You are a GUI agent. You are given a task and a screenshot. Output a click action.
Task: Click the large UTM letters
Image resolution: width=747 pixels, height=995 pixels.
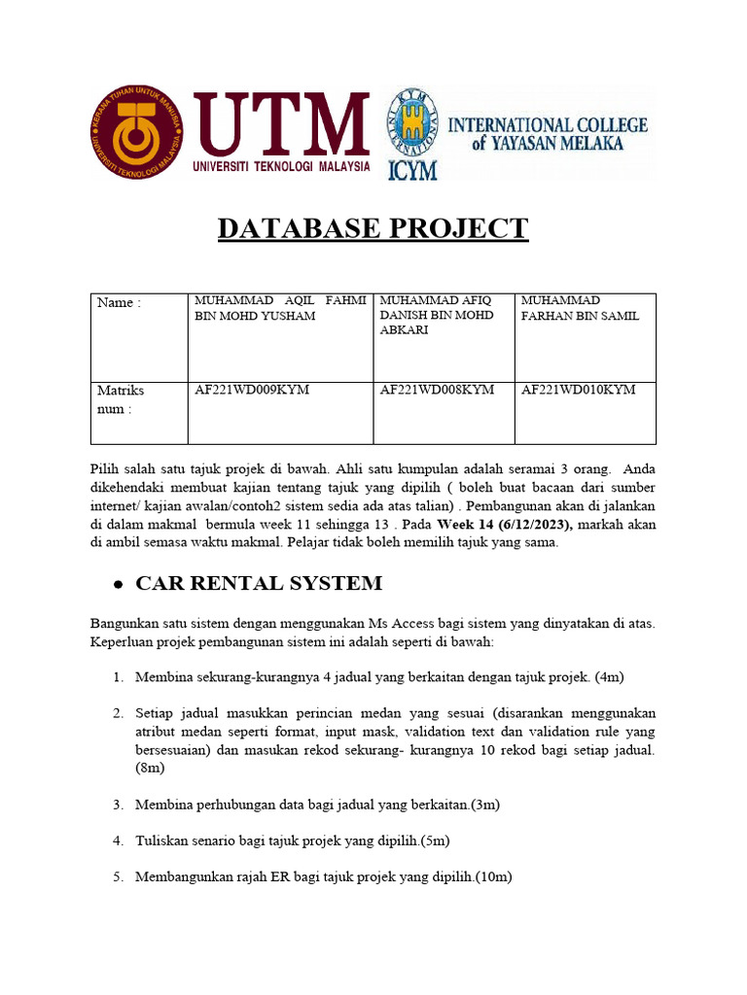tap(282, 123)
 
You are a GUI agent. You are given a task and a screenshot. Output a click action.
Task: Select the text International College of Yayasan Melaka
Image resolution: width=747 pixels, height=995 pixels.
tap(547, 134)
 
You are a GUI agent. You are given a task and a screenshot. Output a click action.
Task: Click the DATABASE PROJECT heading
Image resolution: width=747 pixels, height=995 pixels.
tap(373, 229)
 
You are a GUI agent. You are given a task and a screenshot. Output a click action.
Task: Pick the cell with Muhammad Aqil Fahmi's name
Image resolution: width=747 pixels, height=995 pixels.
tap(279, 309)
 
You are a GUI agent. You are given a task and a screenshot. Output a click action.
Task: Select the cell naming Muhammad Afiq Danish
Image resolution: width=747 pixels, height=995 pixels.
tap(438, 316)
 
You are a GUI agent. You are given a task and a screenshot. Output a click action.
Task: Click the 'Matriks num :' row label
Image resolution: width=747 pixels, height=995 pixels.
tap(121, 399)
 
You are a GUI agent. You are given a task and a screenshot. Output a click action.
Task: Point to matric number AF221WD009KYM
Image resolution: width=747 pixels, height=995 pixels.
tap(252, 391)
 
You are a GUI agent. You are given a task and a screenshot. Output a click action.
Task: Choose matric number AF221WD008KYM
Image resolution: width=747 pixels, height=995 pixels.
tap(437, 391)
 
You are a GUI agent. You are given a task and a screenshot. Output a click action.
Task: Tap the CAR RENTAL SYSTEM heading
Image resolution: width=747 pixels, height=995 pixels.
tap(259, 584)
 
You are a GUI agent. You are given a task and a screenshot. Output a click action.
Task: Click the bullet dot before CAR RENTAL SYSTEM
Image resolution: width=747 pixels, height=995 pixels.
tap(117, 586)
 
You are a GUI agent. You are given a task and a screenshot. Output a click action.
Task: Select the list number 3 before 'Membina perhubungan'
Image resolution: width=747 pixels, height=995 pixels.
tap(117, 805)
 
